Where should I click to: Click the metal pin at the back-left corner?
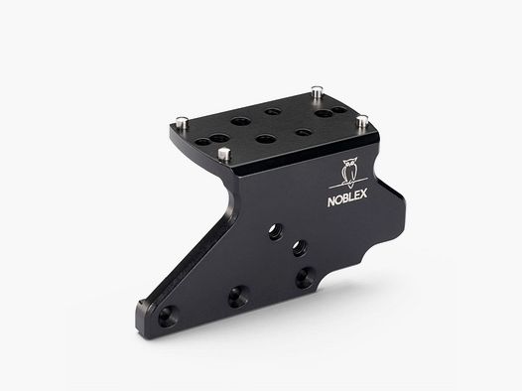[184, 121]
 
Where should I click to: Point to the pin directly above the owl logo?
[362, 120]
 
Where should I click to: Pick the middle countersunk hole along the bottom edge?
[237, 295]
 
